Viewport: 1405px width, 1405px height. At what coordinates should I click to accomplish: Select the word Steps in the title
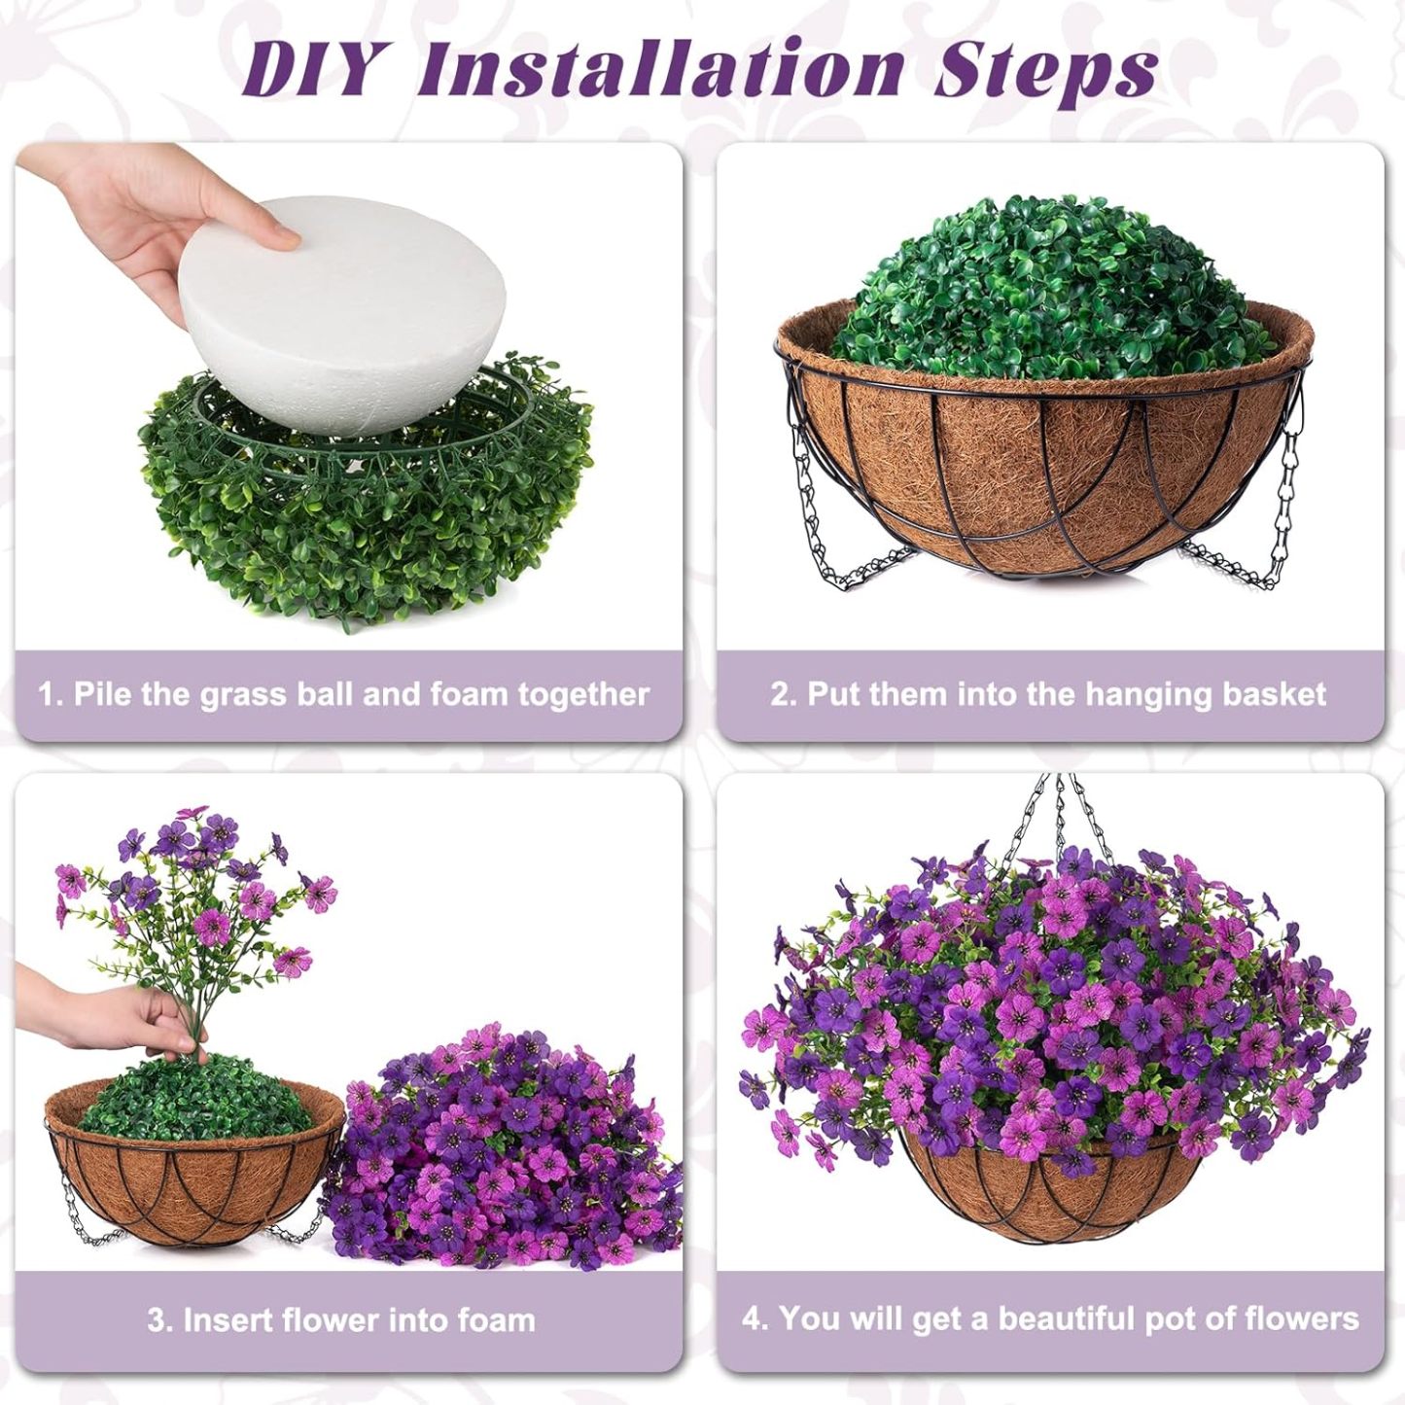pyautogui.click(x=1045, y=70)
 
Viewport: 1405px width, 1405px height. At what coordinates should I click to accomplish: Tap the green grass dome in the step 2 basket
pyautogui.click(x=1050, y=292)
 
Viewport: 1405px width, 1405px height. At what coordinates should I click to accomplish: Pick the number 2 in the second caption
pyautogui.click(x=779, y=694)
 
